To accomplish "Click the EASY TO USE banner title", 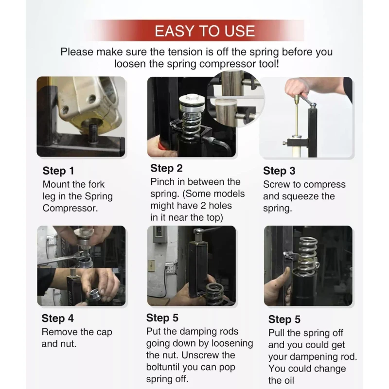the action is pos(205,31).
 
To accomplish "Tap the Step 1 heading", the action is pos(58,171).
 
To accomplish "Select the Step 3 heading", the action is pos(279,171).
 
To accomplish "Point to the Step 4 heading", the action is pos(57,318).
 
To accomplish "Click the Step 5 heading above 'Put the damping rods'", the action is pos(162,318).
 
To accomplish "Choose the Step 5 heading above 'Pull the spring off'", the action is pos(284,319).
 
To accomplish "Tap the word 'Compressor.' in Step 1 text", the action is pos(70,208).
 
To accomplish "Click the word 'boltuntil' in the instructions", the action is pos(163,367).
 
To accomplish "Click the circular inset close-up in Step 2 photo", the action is pos(236,98).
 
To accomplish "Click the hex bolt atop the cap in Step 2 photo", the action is pos(192,97).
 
